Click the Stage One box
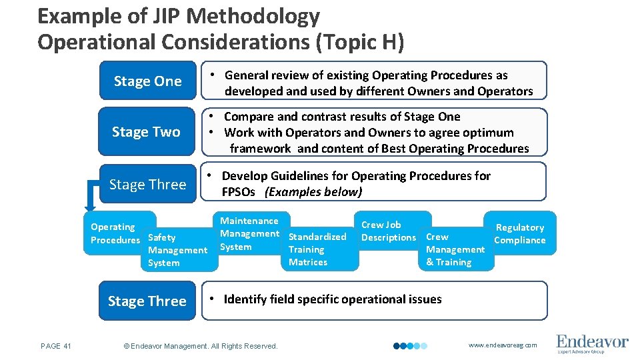(x=147, y=81)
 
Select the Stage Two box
(x=146, y=132)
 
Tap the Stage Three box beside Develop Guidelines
(x=147, y=185)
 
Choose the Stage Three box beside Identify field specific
(x=147, y=301)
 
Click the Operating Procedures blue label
(x=115, y=233)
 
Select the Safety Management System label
(x=177, y=250)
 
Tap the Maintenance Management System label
(x=249, y=234)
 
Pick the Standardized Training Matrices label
(x=317, y=249)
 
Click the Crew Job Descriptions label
(x=388, y=231)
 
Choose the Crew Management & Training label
(x=455, y=249)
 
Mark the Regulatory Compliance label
(x=519, y=234)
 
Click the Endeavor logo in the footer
(x=592, y=343)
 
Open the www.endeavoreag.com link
(x=502, y=345)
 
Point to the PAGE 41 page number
(x=55, y=346)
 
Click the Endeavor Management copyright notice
(x=201, y=346)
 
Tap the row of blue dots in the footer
(x=410, y=346)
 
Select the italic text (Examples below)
(x=313, y=192)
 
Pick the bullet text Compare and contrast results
(x=342, y=117)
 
